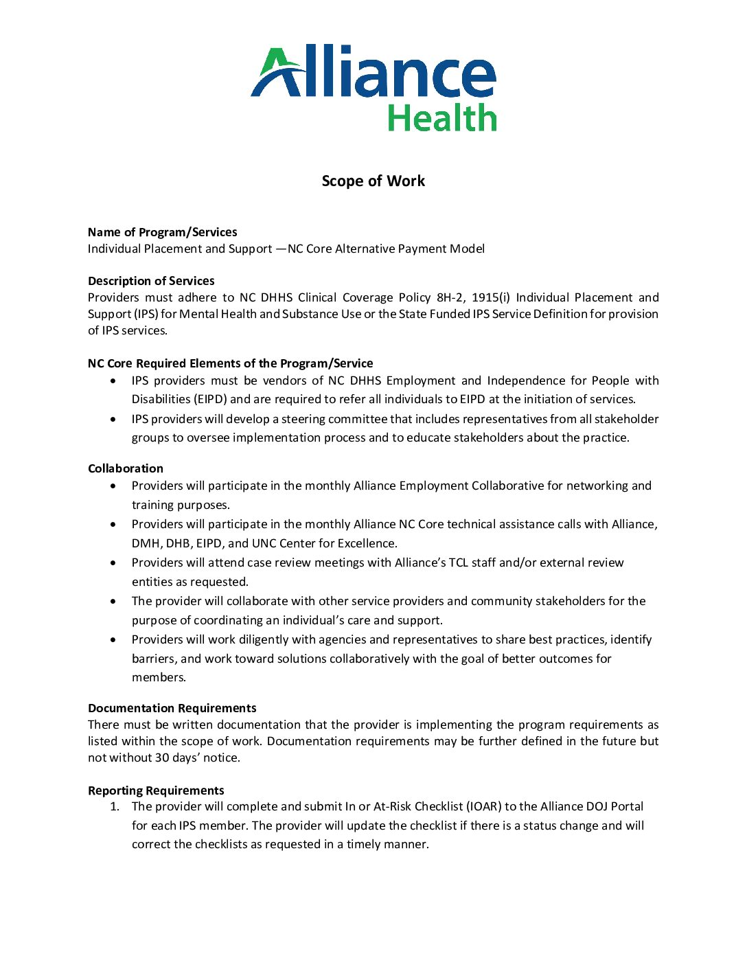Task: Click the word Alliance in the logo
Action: point(374,72)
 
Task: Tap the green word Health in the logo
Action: point(441,118)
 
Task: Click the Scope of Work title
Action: point(373,181)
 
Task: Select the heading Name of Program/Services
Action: point(162,232)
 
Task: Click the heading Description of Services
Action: point(151,281)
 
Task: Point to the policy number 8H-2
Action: point(450,297)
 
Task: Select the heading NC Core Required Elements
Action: point(230,363)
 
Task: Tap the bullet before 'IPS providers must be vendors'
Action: point(113,380)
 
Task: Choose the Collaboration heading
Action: point(126,468)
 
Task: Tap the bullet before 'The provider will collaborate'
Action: point(113,601)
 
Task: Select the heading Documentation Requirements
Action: point(172,708)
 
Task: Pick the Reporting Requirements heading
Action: point(156,790)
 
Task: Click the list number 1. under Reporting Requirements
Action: point(115,806)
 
